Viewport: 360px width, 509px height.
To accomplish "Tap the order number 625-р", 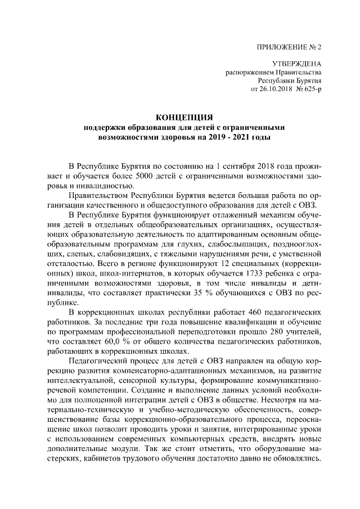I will point(311,89).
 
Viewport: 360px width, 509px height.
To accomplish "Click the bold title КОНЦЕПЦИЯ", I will point(185,117).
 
